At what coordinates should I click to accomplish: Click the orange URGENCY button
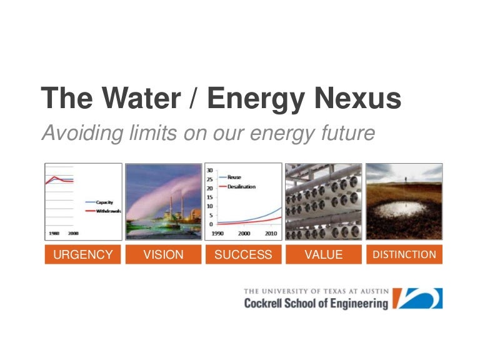click(83, 254)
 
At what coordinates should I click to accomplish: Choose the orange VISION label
click(164, 254)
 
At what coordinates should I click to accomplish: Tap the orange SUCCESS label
click(243, 254)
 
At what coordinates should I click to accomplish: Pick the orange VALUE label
click(323, 254)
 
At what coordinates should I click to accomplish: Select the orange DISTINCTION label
click(404, 254)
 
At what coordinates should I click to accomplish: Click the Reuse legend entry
click(234, 177)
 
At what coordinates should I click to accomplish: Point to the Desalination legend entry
click(241, 186)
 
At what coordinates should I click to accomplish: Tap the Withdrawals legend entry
click(107, 211)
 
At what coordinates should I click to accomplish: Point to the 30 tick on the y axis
click(210, 170)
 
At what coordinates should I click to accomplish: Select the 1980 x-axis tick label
click(54, 232)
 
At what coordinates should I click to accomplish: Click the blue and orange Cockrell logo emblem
click(420, 298)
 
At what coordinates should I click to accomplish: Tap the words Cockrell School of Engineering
click(316, 304)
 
